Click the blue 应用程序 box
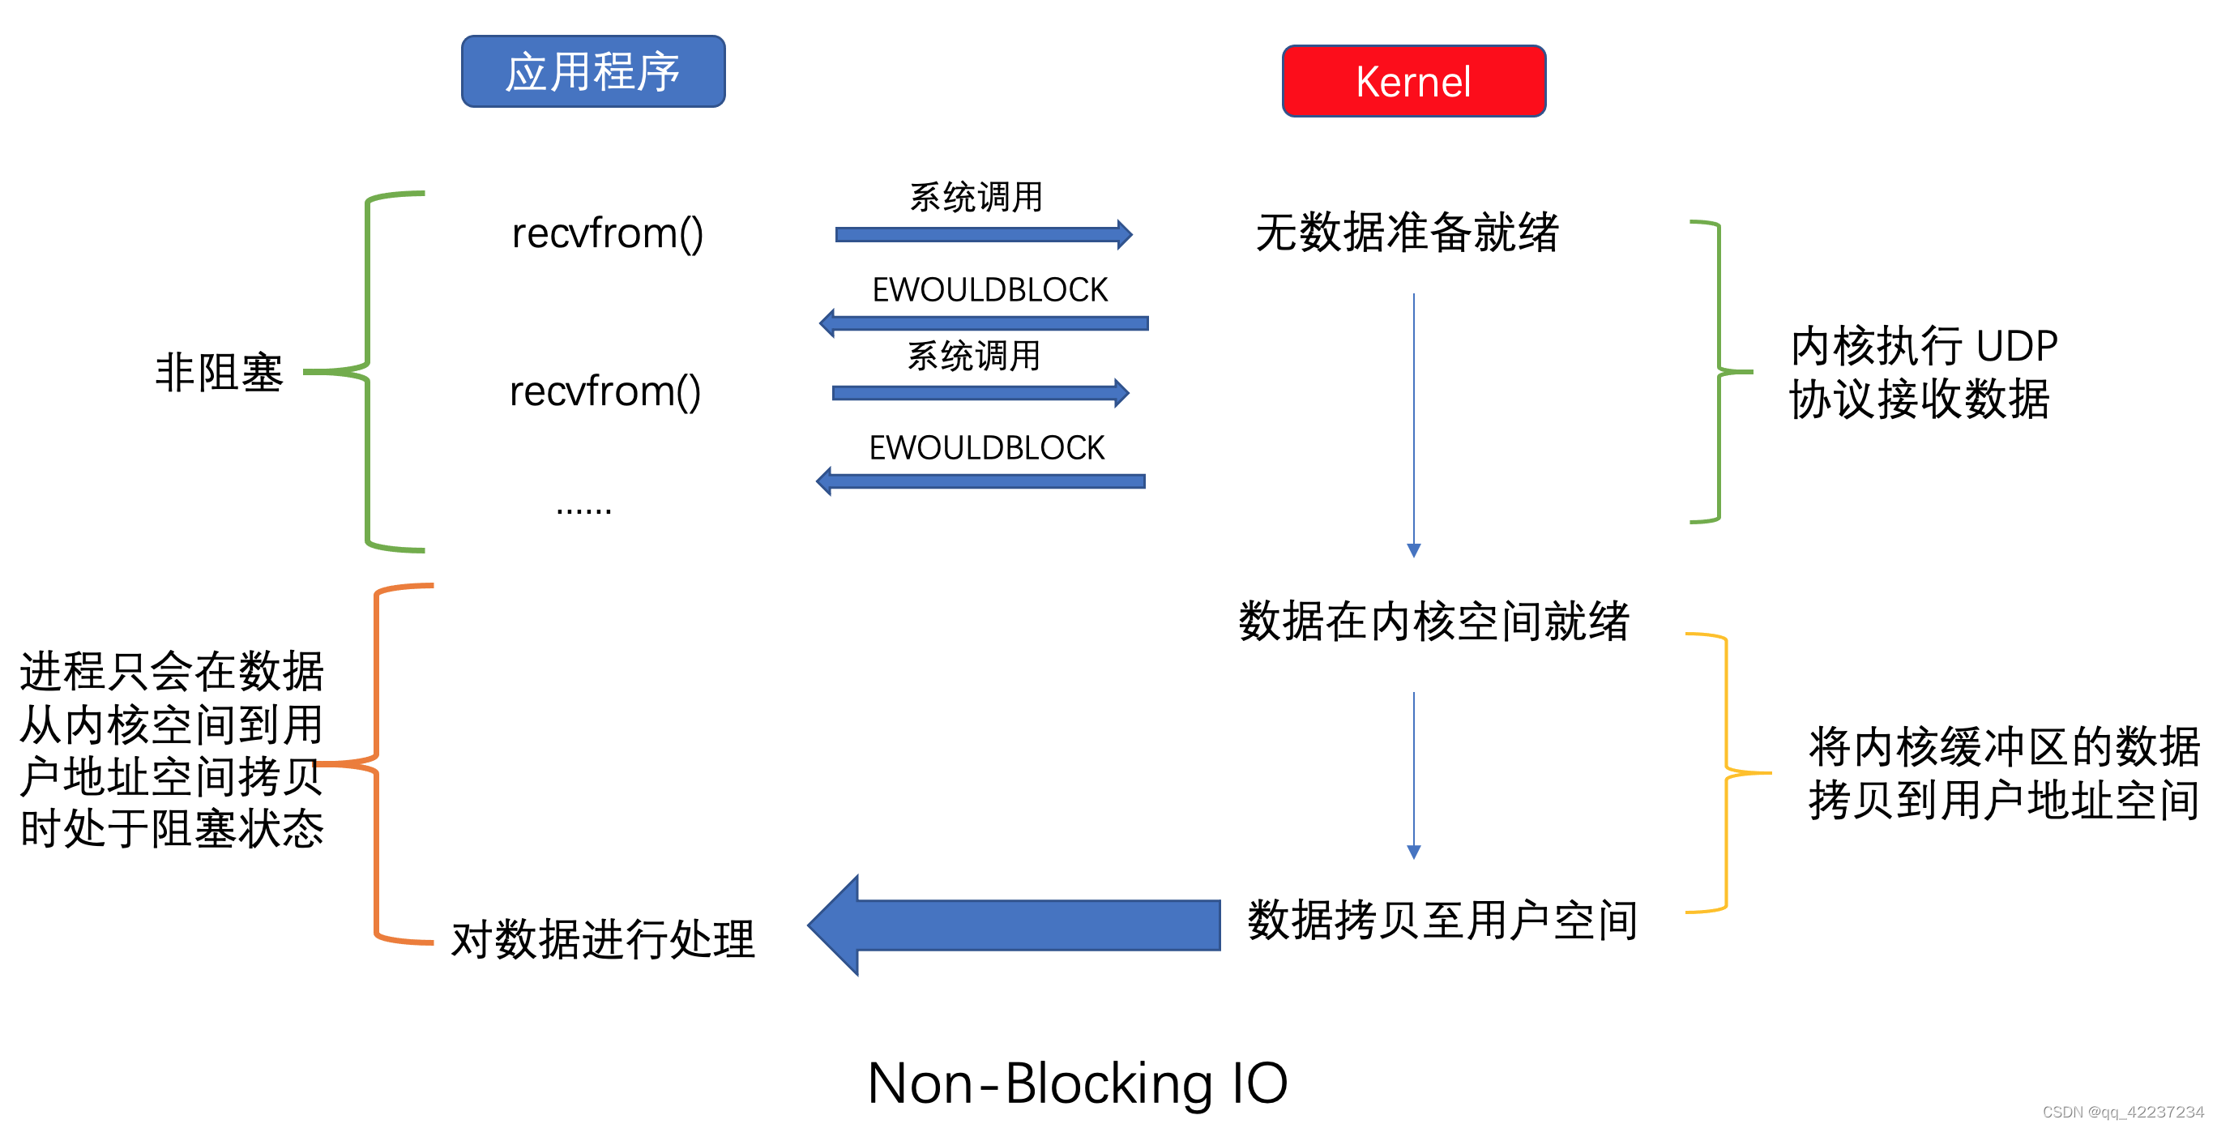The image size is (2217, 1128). pos(593,71)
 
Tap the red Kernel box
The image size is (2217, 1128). pos(1413,82)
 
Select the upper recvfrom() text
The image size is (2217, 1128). pos(607,233)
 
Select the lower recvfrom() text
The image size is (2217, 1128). pos(604,391)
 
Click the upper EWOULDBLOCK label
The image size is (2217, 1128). pos(989,290)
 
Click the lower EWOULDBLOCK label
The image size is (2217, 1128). pos(986,447)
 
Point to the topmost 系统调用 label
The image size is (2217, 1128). pos(976,197)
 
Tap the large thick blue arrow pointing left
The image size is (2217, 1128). pos(1015,925)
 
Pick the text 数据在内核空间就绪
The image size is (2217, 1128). pos(1433,621)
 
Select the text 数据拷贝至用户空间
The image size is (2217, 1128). pos(1442,920)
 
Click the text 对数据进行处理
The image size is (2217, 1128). pos(602,938)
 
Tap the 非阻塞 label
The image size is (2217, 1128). pos(219,373)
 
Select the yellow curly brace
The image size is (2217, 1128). pos(1726,771)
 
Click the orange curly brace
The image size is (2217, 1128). pos(377,763)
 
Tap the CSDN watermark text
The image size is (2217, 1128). pos(2122,1112)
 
